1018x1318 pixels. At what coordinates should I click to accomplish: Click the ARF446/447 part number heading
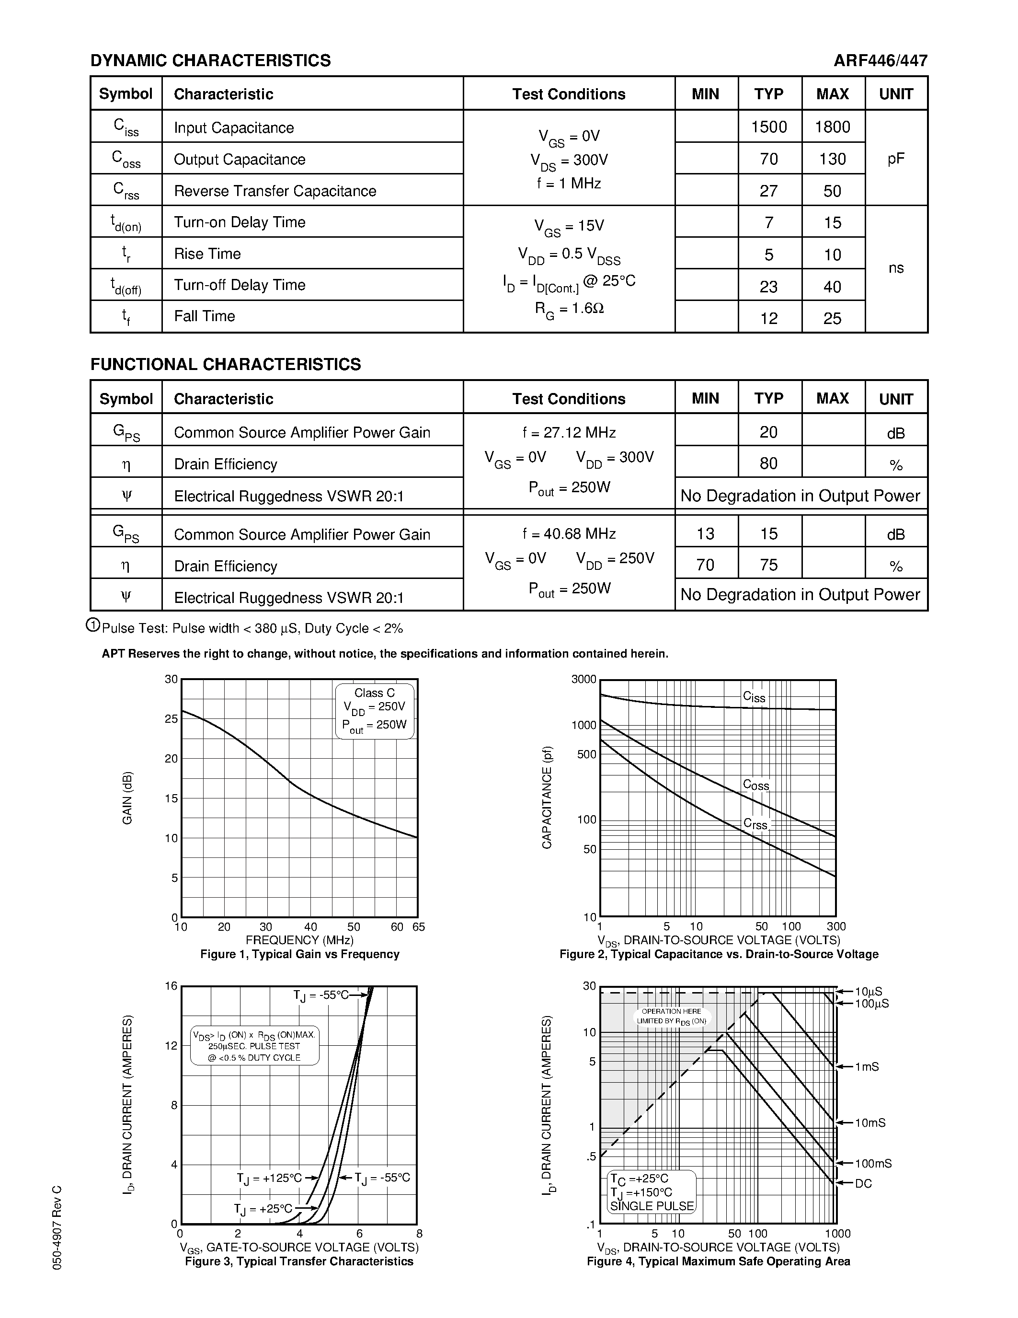pos(880,61)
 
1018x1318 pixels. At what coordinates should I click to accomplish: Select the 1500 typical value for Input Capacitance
pos(769,127)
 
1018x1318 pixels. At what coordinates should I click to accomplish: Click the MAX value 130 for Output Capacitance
pos(832,159)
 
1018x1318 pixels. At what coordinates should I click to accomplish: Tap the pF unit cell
pos(895,159)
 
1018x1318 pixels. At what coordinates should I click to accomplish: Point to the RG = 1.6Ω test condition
pos(569,309)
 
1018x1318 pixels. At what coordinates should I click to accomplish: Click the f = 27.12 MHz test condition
pos(569,433)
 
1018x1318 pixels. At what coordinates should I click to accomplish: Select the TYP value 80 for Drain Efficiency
pos(768,463)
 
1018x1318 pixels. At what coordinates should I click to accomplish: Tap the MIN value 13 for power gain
pos(705,534)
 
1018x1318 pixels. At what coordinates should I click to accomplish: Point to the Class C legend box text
pos(374,694)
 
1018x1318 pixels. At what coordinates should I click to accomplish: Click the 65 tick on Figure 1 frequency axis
pos(419,927)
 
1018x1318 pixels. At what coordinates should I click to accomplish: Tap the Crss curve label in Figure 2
pos(755,824)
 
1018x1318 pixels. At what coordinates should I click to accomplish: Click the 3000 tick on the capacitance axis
pos(583,680)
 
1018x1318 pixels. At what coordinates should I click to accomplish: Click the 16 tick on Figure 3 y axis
pos(172,986)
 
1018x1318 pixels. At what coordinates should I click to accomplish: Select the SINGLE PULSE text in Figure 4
pos(652,1206)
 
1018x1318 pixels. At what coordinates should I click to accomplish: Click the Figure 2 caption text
pos(718,954)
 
